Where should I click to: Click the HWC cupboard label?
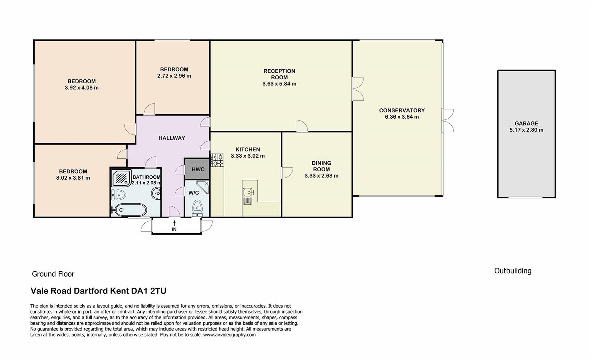coord(198,169)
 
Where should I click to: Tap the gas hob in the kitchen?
coord(217,160)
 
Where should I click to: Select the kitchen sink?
coord(248,196)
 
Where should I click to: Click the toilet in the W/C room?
coord(197,207)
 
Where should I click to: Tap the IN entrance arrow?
coord(174,223)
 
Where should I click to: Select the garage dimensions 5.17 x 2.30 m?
coord(526,130)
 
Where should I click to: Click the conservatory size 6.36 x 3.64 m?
coord(402,117)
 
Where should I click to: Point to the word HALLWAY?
coord(172,138)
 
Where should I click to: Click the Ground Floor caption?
coord(53,274)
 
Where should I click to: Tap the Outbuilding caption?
coord(513,271)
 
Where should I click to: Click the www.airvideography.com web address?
coord(230,335)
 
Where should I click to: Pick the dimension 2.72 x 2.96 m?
coord(174,76)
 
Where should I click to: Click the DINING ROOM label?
coord(321,166)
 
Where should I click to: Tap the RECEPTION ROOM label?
coord(279,74)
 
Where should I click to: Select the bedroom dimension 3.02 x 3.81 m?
coord(73,178)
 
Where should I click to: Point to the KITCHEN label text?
coord(248,149)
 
